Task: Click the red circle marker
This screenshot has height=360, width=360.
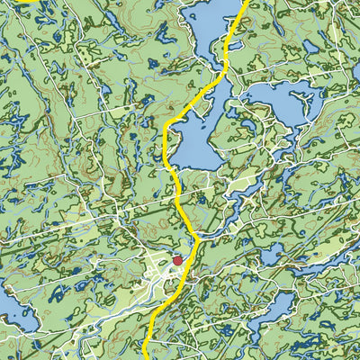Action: [177, 261]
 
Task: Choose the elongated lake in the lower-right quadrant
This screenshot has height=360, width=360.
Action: [270, 310]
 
